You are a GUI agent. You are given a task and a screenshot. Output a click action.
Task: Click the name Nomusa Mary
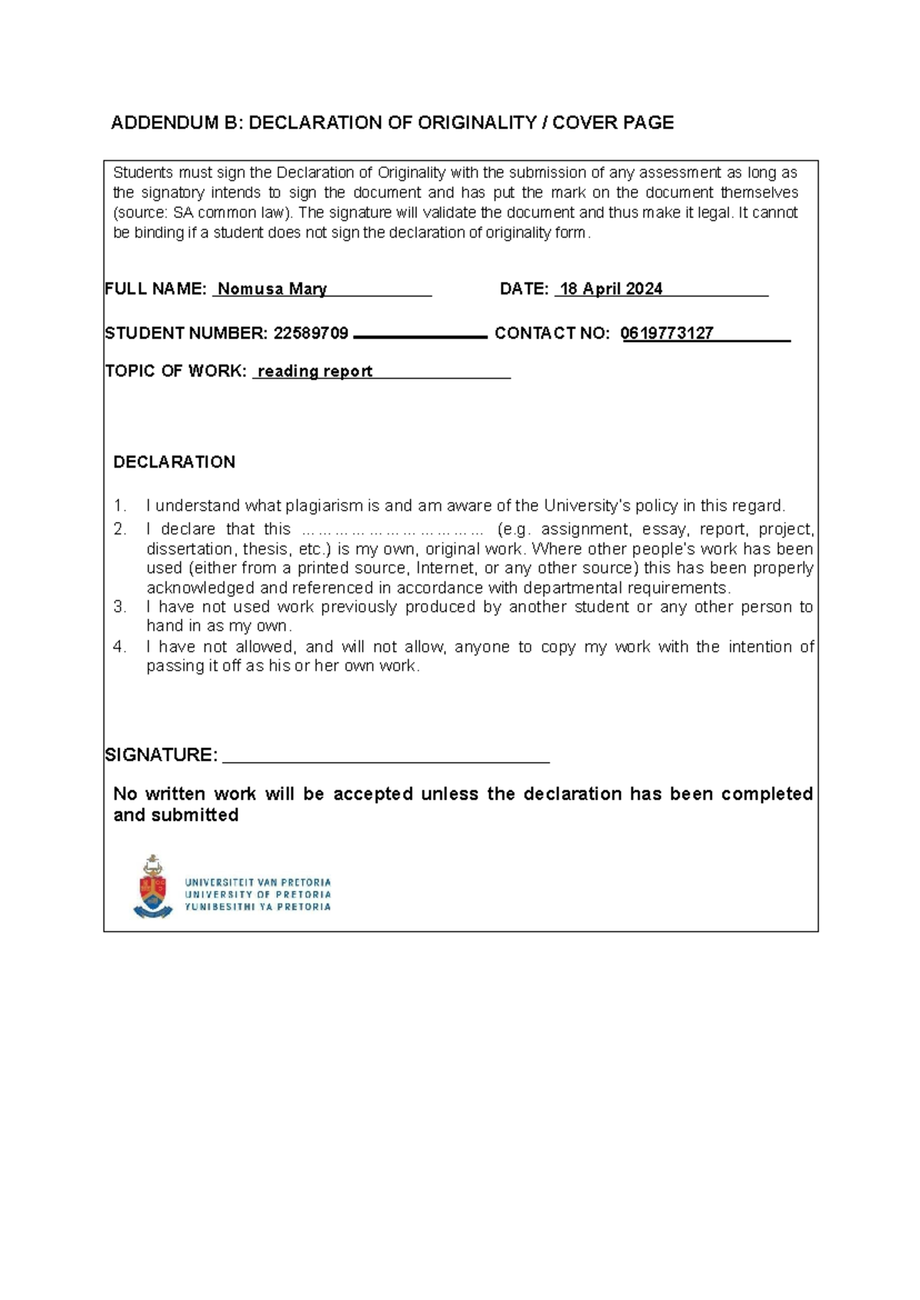(272, 289)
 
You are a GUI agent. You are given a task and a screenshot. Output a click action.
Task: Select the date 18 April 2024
(611, 289)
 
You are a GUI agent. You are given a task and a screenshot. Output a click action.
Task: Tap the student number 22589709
(310, 333)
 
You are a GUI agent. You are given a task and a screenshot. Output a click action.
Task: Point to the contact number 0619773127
(667, 333)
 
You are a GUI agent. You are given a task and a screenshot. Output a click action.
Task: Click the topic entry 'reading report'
(315, 371)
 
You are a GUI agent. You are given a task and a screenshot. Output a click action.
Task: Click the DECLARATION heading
(174, 461)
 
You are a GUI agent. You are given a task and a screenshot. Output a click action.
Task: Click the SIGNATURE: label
(161, 755)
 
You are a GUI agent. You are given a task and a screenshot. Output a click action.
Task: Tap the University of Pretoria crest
(153, 887)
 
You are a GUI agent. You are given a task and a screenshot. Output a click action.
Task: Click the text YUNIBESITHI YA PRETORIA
(258, 907)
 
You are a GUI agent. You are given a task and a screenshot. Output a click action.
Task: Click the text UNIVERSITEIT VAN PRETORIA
(258, 882)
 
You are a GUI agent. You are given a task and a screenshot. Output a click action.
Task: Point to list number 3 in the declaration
(119, 607)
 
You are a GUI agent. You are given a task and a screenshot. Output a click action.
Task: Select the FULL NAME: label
(156, 289)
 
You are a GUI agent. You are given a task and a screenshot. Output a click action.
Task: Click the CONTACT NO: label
(552, 333)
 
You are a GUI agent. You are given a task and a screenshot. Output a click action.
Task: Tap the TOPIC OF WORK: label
(176, 371)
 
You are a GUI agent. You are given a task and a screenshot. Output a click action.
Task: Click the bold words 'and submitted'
(176, 815)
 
